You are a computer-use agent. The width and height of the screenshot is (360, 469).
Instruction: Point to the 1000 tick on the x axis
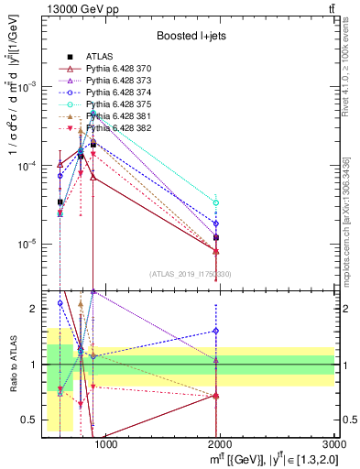click(106, 444)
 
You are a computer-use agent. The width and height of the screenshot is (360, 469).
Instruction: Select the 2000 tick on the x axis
click(221, 444)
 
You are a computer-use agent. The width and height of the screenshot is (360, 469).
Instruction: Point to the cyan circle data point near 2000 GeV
click(215, 202)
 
